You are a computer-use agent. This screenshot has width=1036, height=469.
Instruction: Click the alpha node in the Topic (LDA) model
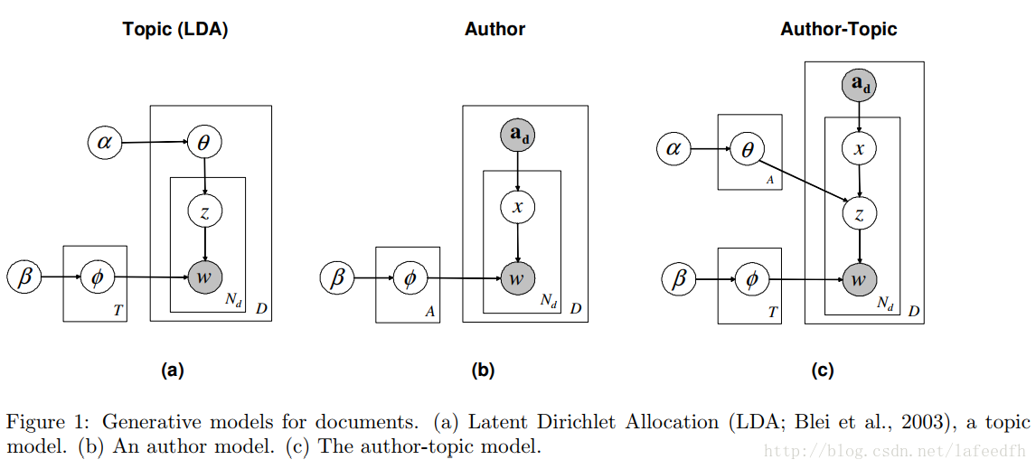click(x=105, y=143)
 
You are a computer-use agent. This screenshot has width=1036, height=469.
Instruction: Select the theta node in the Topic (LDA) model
click(x=204, y=143)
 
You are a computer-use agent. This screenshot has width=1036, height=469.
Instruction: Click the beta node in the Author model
click(x=337, y=277)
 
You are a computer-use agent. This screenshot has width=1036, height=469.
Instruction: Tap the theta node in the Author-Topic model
click(x=747, y=148)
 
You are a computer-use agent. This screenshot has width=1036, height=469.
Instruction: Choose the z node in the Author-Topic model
click(x=859, y=213)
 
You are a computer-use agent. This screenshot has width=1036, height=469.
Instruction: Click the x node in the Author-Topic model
click(x=859, y=149)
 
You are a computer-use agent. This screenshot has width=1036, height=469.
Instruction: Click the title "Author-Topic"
click(x=838, y=29)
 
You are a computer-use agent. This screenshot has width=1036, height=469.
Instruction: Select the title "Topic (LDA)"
click(x=175, y=29)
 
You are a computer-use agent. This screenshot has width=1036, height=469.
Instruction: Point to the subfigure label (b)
click(x=483, y=370)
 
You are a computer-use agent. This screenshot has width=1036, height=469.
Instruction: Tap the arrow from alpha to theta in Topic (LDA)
click(x=154, y=143)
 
